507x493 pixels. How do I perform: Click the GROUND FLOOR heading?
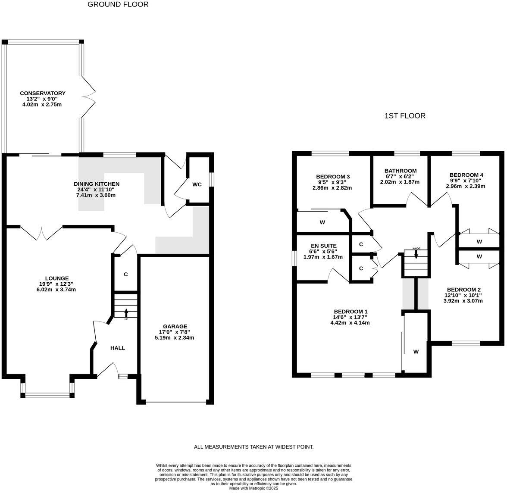coord(118,5)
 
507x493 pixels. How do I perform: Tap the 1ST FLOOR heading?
coord(405,116)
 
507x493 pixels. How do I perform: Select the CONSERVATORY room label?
coord(42,93)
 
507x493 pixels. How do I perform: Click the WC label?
coord(197,184)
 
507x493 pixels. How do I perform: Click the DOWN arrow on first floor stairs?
coord(416,254)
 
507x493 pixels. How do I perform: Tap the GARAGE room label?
coord(175,327)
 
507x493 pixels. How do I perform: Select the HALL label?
coord(118,348)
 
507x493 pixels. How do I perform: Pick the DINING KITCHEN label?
coord(97,184)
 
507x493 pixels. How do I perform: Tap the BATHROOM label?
coord(401,171)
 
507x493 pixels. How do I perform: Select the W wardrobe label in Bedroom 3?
coord(322,223)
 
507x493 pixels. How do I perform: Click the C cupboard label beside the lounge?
coord(125,275)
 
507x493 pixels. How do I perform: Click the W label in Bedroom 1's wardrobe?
coord(416,352)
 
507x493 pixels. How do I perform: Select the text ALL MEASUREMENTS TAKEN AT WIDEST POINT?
coord(253,447)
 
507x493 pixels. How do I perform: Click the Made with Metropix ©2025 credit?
coord(253,488)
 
